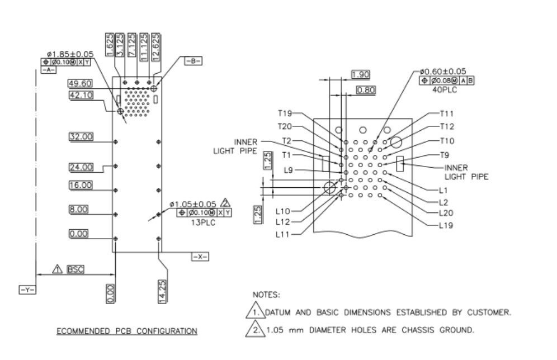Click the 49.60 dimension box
click(x=79, y=83)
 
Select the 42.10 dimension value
click(x=79, y=95)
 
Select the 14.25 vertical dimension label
click(x=162, y=291)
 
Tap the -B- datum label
click(x=193, y=61)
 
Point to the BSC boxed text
click(x=75, y=269)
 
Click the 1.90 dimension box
click(x=361, y=74)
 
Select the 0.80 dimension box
click(x=366, y=90)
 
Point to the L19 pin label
click(x=446, y=226)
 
